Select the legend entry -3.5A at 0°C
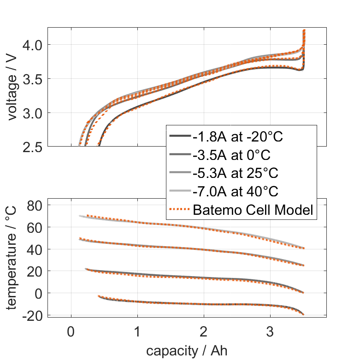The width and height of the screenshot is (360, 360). (x=231, y=155)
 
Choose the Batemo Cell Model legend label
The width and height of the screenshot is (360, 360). (x=253, y=210)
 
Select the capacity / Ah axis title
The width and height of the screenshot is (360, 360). (x=187, y=351)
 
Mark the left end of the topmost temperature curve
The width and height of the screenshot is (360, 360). (x=79, y=216)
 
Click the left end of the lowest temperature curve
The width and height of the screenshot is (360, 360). (x=99, y=296)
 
